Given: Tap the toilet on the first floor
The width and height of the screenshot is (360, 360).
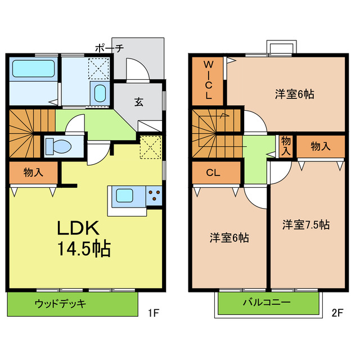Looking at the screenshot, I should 58,146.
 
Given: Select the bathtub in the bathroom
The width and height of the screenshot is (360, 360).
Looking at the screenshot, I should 33,70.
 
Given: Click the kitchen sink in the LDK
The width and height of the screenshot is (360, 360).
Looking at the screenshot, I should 125,196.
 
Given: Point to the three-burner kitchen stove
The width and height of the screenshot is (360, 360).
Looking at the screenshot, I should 154,196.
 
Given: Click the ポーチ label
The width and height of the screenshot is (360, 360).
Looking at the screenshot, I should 109,48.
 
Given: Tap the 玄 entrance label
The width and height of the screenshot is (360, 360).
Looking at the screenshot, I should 138,102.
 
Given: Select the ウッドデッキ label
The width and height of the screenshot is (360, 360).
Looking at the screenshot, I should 60,304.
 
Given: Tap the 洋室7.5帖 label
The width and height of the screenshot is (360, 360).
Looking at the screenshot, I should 306,224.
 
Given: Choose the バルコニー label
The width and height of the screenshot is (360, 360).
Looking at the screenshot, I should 267,303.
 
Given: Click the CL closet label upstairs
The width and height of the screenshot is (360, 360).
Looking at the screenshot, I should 213,173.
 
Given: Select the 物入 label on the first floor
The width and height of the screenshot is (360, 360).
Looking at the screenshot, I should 33,172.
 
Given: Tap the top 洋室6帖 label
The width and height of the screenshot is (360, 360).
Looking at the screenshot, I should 294,93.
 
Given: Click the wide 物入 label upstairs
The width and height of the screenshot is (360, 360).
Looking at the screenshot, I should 320,147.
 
